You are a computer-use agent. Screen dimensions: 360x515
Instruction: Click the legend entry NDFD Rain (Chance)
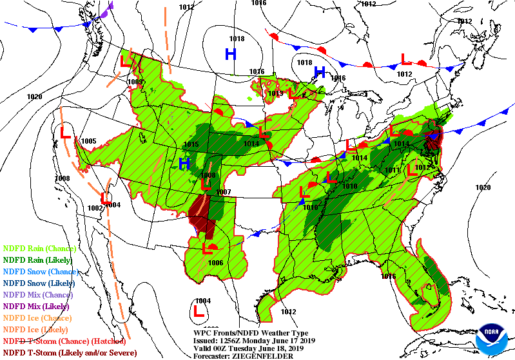tap(40, 248)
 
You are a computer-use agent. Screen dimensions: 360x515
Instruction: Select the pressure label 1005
tap(88, 141)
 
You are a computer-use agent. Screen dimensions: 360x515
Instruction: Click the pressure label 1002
tap(95, 207)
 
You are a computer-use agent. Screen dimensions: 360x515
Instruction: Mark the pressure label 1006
tap(215, 263)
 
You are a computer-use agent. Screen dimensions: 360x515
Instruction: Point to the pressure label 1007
tap(223, 192)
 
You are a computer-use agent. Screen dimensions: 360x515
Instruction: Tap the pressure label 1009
tap(135, 82)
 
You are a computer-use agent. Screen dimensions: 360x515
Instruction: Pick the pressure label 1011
tap(391, 171)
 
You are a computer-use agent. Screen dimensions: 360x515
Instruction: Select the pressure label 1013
tap(276, 93)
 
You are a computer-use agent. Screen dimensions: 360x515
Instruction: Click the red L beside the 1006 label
tap(209, 248)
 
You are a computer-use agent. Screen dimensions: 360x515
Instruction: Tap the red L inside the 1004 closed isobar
tap(200, 310)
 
